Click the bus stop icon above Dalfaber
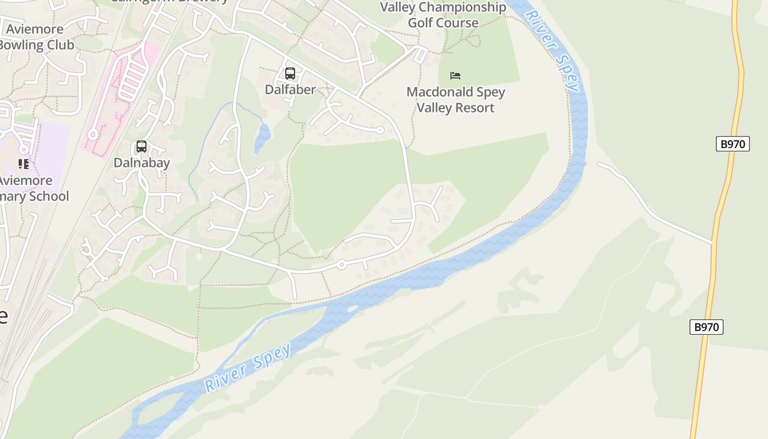pyautogui.click(x=290, y=74)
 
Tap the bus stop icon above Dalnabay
pyautogui.click(x=142, y=147)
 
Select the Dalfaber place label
pyautogui.click(x=290, y=89)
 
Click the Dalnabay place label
pyautogui.click(x=142, y=162)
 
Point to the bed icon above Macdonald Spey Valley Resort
pyautogui.click(x=455, y=76)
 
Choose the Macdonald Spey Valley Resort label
pyautogui.click(x=455, y=100)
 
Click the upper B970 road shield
pyautogui.click(x=732, y=144)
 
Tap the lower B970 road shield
pyautogui.click(x=706, y=327)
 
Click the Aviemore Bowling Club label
pyautogui.click(x=35, y=37)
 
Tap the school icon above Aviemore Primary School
pyautogui.click(x=23, y=164)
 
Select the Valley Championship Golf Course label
pyautogui.click(x=443, y=15)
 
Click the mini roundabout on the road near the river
pyautogui.click(x=341, y=265)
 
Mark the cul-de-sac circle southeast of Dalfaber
pyautogui.click(x=380, y=130)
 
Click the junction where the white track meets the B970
pyautogui.click(x=713, y=242)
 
